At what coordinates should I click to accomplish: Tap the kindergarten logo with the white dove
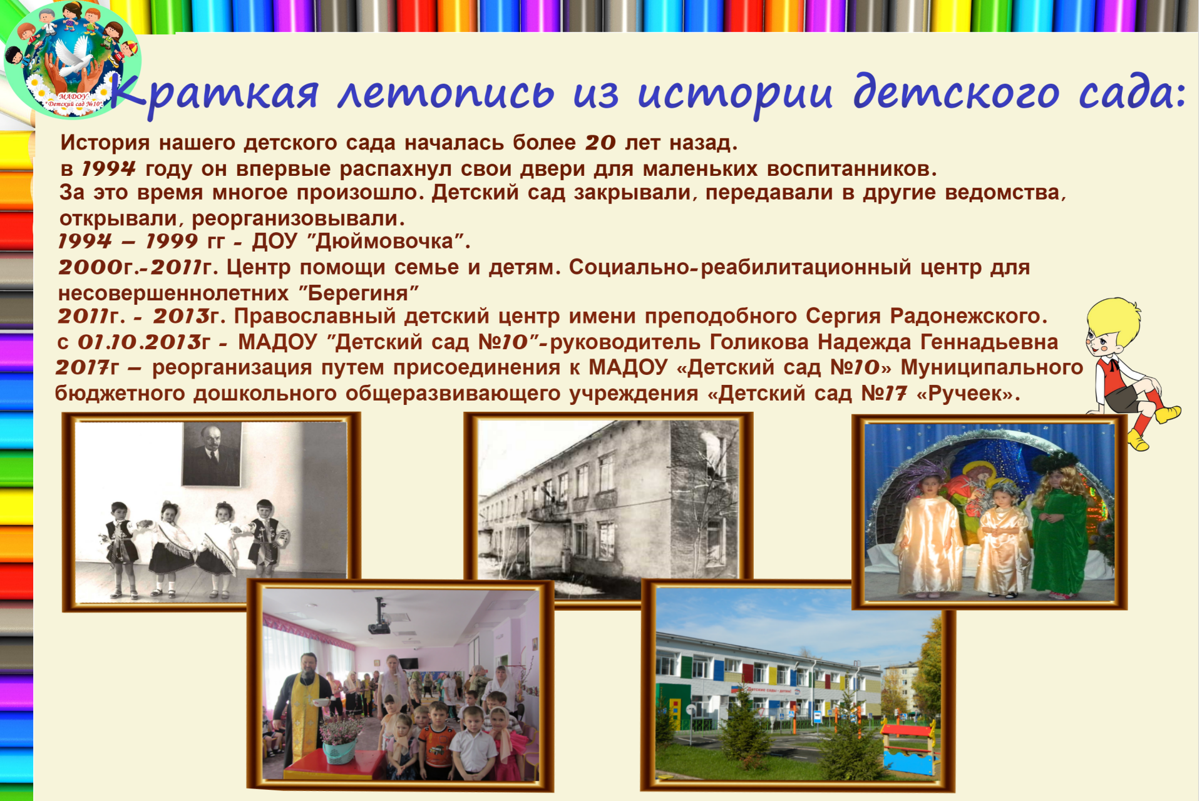72,61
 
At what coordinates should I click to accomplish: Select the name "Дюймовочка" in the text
384,242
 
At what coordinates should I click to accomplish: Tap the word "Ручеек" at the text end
967,394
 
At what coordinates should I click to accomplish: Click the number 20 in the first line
601,143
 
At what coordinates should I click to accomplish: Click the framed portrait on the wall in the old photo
212,454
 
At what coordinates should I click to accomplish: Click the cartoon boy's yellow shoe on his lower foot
1138,441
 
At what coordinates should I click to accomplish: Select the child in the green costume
1059,528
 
